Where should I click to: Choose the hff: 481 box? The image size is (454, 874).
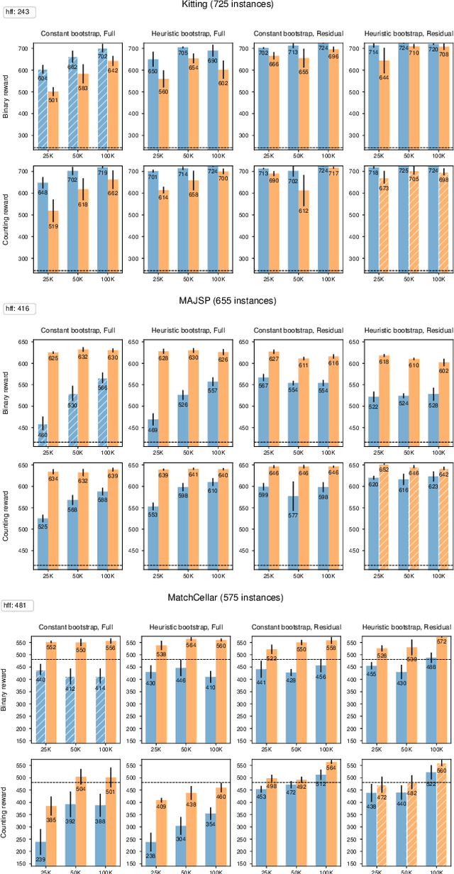(x=19, y=604)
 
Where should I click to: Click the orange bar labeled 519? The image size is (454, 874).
(x=52, y=241)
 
